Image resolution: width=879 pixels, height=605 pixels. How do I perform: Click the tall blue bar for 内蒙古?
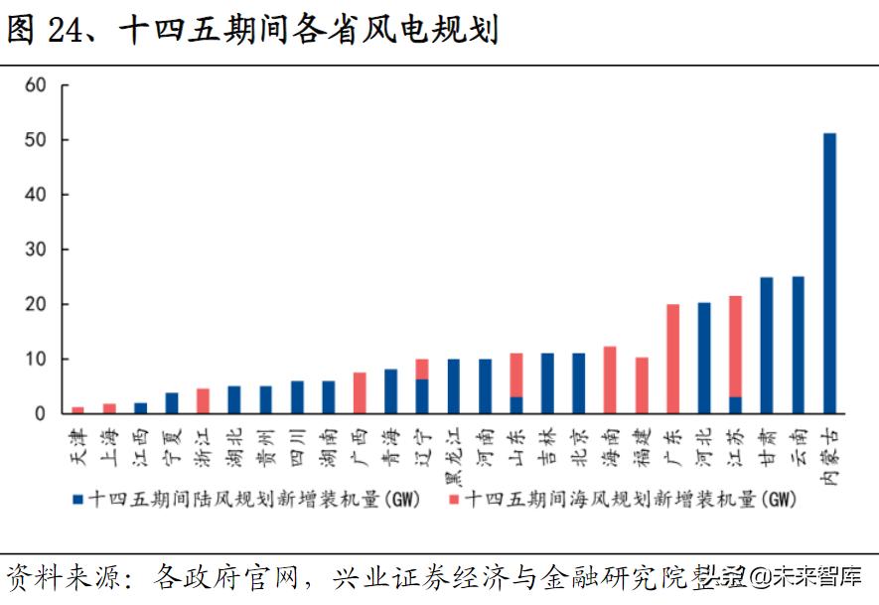[x=829, y=273]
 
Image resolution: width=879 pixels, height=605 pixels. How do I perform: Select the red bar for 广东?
[x=672, y=359]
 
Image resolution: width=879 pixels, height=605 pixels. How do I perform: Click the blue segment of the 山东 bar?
[x=516, y=405]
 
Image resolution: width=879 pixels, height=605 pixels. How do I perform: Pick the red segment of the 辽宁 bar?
[x=422, y=369]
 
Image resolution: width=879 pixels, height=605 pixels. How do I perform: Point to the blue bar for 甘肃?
[x=767, y=345]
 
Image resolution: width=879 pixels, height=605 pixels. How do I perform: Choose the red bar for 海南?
[x=610, y=379]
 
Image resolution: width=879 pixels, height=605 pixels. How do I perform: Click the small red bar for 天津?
[x=78, y=409]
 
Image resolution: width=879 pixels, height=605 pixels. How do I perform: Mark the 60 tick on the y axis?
[x=37, y=85]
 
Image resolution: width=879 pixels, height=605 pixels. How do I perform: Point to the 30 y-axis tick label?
[x=37, y=249]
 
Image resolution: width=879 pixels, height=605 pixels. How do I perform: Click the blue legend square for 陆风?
[x=78, y=499]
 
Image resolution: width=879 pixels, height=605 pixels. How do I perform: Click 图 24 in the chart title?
[x=43, y=30]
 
